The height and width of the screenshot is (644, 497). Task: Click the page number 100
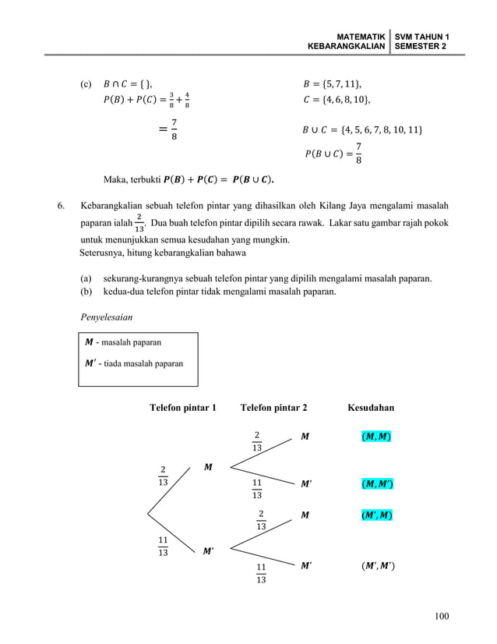tap(442, 617)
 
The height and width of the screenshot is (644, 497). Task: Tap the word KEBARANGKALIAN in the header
tap(347, 47)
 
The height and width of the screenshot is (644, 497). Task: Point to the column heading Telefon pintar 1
tap(183, 407)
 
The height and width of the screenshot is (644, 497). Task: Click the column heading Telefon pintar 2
tap(273, 407)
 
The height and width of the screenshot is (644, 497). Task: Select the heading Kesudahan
tap(371, 407)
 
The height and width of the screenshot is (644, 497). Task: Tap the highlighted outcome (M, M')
tap(377, 484)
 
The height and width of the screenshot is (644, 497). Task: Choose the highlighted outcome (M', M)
tap(377, 516)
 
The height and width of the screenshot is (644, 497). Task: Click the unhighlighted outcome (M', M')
tap(377, 564)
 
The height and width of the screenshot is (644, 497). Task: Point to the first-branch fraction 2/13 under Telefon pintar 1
tap(163, 476)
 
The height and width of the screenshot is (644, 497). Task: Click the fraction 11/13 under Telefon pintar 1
tap(163, 547)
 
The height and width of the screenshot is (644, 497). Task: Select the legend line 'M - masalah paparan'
tap(124, 341)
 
